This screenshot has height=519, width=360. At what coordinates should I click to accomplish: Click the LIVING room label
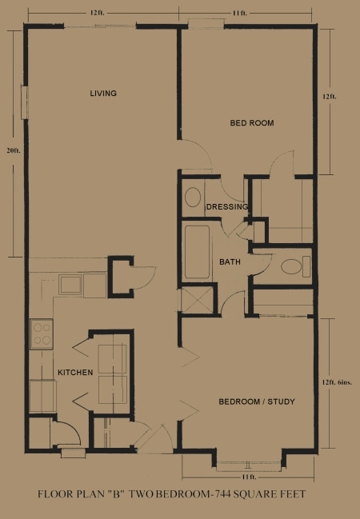tap(103, 94)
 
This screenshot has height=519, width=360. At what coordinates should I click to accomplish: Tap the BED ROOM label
tap(252, 123)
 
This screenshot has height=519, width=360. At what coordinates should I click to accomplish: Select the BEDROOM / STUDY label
tap(257, 401)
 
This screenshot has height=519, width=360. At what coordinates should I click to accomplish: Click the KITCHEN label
tap(75, 373)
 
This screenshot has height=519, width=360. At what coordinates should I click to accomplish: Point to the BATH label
tap(230, 262)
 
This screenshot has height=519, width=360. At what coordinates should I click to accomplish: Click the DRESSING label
tap(227, 207)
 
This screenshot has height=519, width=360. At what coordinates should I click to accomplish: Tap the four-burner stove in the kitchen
tap(42, 334)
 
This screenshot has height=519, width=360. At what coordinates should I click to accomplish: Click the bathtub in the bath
tap(197, 252)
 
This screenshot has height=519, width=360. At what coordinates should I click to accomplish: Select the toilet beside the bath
tap(296, 267)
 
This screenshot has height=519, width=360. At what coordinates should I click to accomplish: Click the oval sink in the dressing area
tap(193, 198)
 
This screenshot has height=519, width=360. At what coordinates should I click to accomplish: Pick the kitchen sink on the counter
tap(70, 285)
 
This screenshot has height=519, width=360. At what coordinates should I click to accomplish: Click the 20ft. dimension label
tap(14, 150)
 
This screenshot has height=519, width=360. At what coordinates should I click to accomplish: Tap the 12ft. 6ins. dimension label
tap(341, 382)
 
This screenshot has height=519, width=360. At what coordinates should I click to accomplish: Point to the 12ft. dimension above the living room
tap(97, 14)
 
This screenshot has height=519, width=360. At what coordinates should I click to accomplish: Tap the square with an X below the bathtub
tap(197, 300)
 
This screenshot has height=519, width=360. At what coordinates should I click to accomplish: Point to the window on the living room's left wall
tap(25, 102)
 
